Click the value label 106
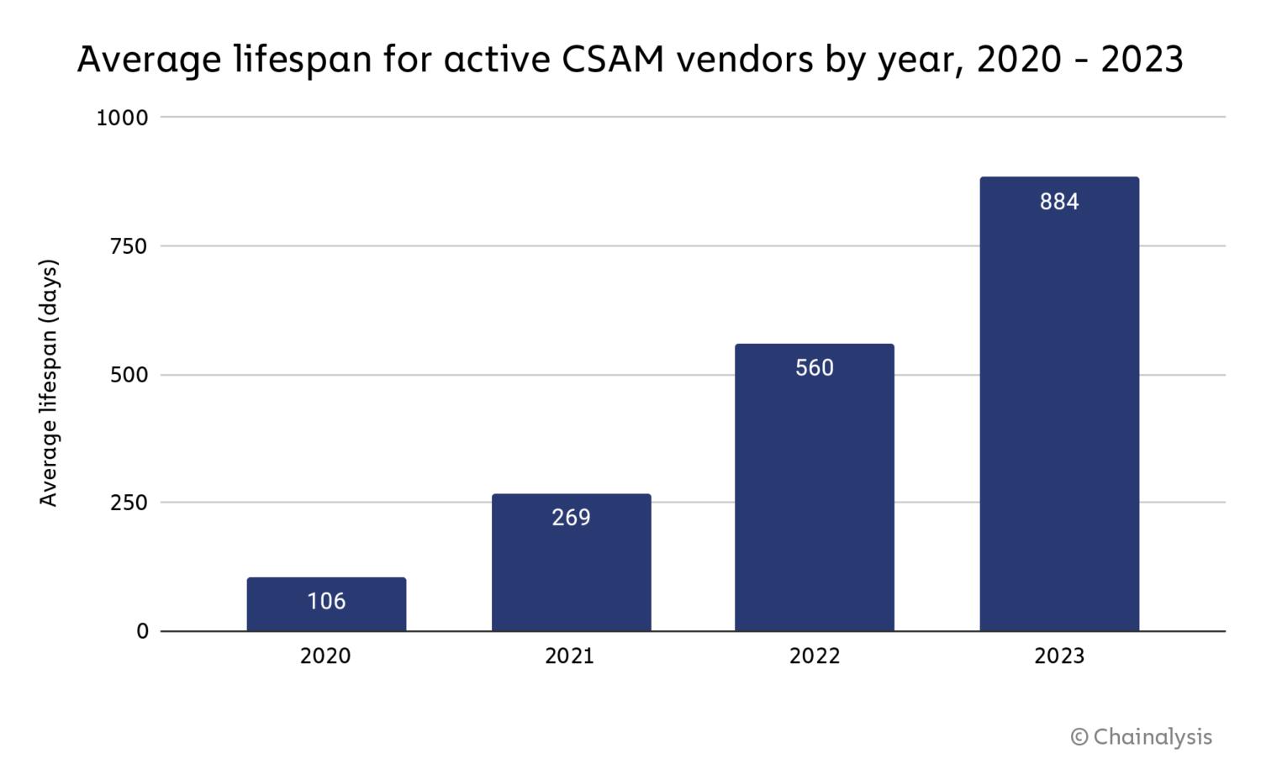[x=326, y=601]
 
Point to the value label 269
[x=571, y=517]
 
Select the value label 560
[x=814, y=367]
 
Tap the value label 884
[x=1058, y=202]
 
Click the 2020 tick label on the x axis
[x=325, y=656]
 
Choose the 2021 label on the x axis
[x=569, y=656]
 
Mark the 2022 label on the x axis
[x=814, y=656]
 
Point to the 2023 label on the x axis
[x=1058, y=656]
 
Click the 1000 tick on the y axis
[x=122, y=118]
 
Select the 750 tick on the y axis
[x=129, y=246]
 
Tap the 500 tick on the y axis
[x=129, y=375]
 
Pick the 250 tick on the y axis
[x=129, y=503]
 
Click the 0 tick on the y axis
[x=142, y=631]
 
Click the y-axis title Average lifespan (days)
[x=49, y=382]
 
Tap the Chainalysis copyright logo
[x=1141, y=737]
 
